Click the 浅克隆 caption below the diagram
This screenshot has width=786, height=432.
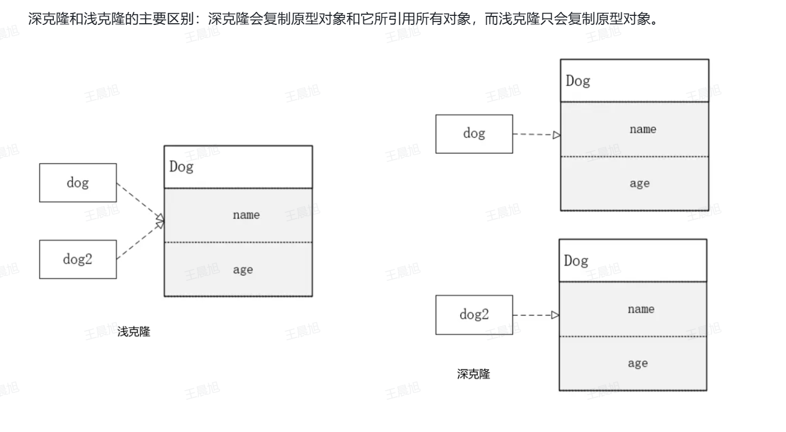coord(134,332)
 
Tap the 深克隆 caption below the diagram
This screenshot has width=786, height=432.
coord(474,374)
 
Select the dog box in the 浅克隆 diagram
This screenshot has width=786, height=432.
coord(78,183)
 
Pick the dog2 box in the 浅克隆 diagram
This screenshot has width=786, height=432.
coord(78,259)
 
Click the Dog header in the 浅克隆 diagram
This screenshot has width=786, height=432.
coord(238,167)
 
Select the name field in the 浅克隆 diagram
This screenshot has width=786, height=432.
coord(238,215)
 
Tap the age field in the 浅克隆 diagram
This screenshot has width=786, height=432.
coord(238,270)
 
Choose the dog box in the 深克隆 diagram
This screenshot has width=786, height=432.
coord(474,134)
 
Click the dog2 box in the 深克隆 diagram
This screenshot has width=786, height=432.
coord(474,315)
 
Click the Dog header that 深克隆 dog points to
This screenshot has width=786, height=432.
coord(634,81)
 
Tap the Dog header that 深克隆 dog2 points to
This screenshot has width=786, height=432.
coord(633,261)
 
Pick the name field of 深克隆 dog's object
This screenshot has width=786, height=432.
coord(634,129)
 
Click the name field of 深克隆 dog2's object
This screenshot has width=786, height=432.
coord(633,309)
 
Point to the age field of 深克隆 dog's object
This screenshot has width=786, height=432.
coord(634,183)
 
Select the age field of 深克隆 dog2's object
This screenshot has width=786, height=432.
coord(633,363)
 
